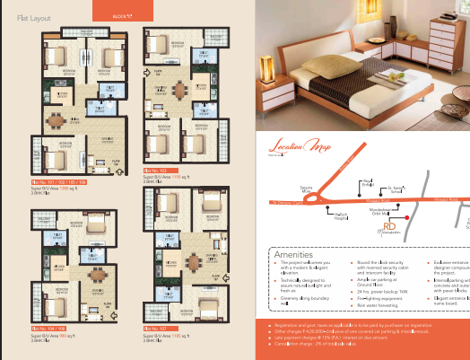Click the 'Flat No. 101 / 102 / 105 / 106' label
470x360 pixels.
coord(60,181)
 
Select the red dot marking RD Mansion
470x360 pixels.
coord(405,216)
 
